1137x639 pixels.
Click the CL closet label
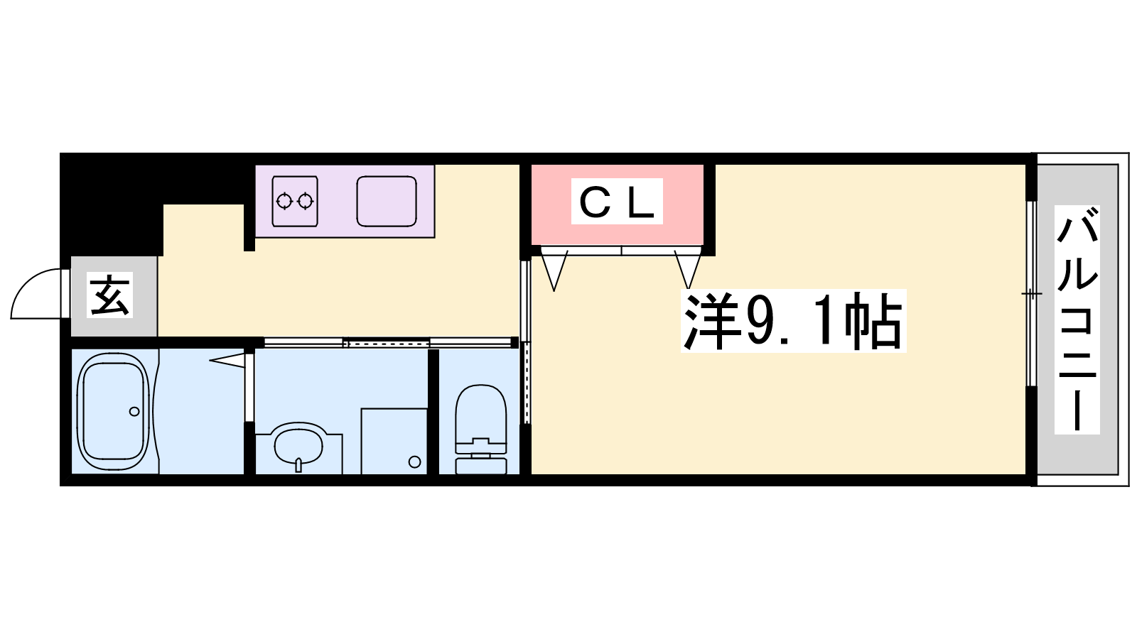(617, 202)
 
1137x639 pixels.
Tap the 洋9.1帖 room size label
(793, 320)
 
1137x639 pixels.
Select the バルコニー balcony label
(1077, 319)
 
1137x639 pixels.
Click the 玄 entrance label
(109, 295)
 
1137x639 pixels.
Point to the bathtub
(113, 412)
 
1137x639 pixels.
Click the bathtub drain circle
(134, 411)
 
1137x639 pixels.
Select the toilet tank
(481, 466)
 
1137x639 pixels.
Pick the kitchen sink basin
(387, 202)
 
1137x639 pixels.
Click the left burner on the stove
(284, 202)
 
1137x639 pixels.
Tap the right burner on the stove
(305, 202)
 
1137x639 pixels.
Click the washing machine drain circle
(415, 462)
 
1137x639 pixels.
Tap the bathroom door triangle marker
(227, 359)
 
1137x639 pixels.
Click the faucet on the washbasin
(298, 464)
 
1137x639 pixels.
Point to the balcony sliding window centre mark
(1031, 294)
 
